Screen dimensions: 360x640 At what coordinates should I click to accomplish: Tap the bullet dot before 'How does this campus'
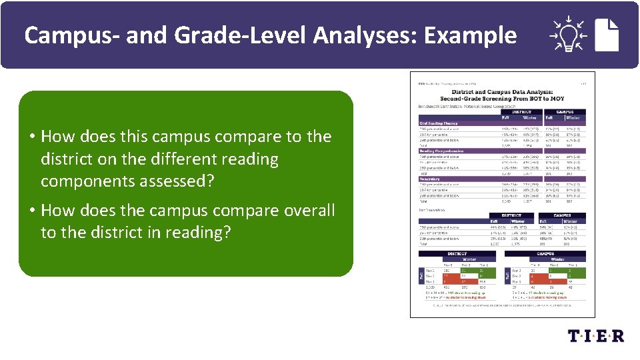click(x=32, y=137)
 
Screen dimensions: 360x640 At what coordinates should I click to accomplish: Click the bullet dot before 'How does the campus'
click(x=32, y=211)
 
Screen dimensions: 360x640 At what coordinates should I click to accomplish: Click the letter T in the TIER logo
click(x=573, y=335)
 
